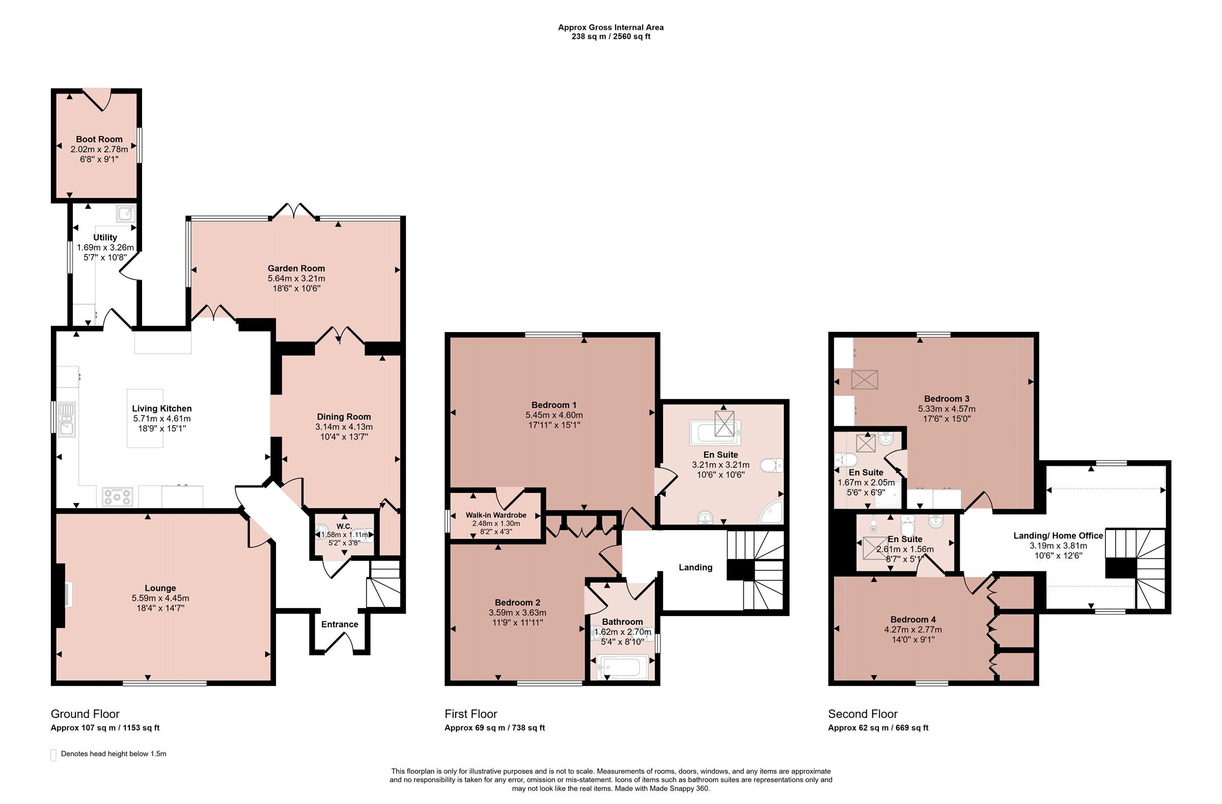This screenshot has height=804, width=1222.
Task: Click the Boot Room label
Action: point(99,139)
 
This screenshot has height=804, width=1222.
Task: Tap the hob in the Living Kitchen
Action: point(118,496)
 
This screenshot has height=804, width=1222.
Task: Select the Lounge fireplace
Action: point(61,596)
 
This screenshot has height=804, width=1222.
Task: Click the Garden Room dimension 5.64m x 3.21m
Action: point(296,278)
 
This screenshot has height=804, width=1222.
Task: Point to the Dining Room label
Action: point(344,417)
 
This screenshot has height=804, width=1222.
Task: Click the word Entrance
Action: point(340,624)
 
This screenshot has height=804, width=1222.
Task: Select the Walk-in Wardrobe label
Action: point(496,515)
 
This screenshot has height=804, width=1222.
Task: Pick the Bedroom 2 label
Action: point(517,602)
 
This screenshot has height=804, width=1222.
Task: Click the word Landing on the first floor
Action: point(695,567)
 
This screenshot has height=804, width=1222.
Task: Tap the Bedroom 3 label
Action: point(947,399)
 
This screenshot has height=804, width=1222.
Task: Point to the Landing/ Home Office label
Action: point(1058,536)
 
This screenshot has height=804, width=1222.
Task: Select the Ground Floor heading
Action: point(85,714)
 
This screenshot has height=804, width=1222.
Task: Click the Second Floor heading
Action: point(863,714)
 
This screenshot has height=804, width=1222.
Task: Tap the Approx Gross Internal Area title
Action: point(611,27)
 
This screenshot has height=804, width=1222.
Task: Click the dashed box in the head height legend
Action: point(53,755)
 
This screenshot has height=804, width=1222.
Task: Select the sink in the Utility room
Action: point(126,213)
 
